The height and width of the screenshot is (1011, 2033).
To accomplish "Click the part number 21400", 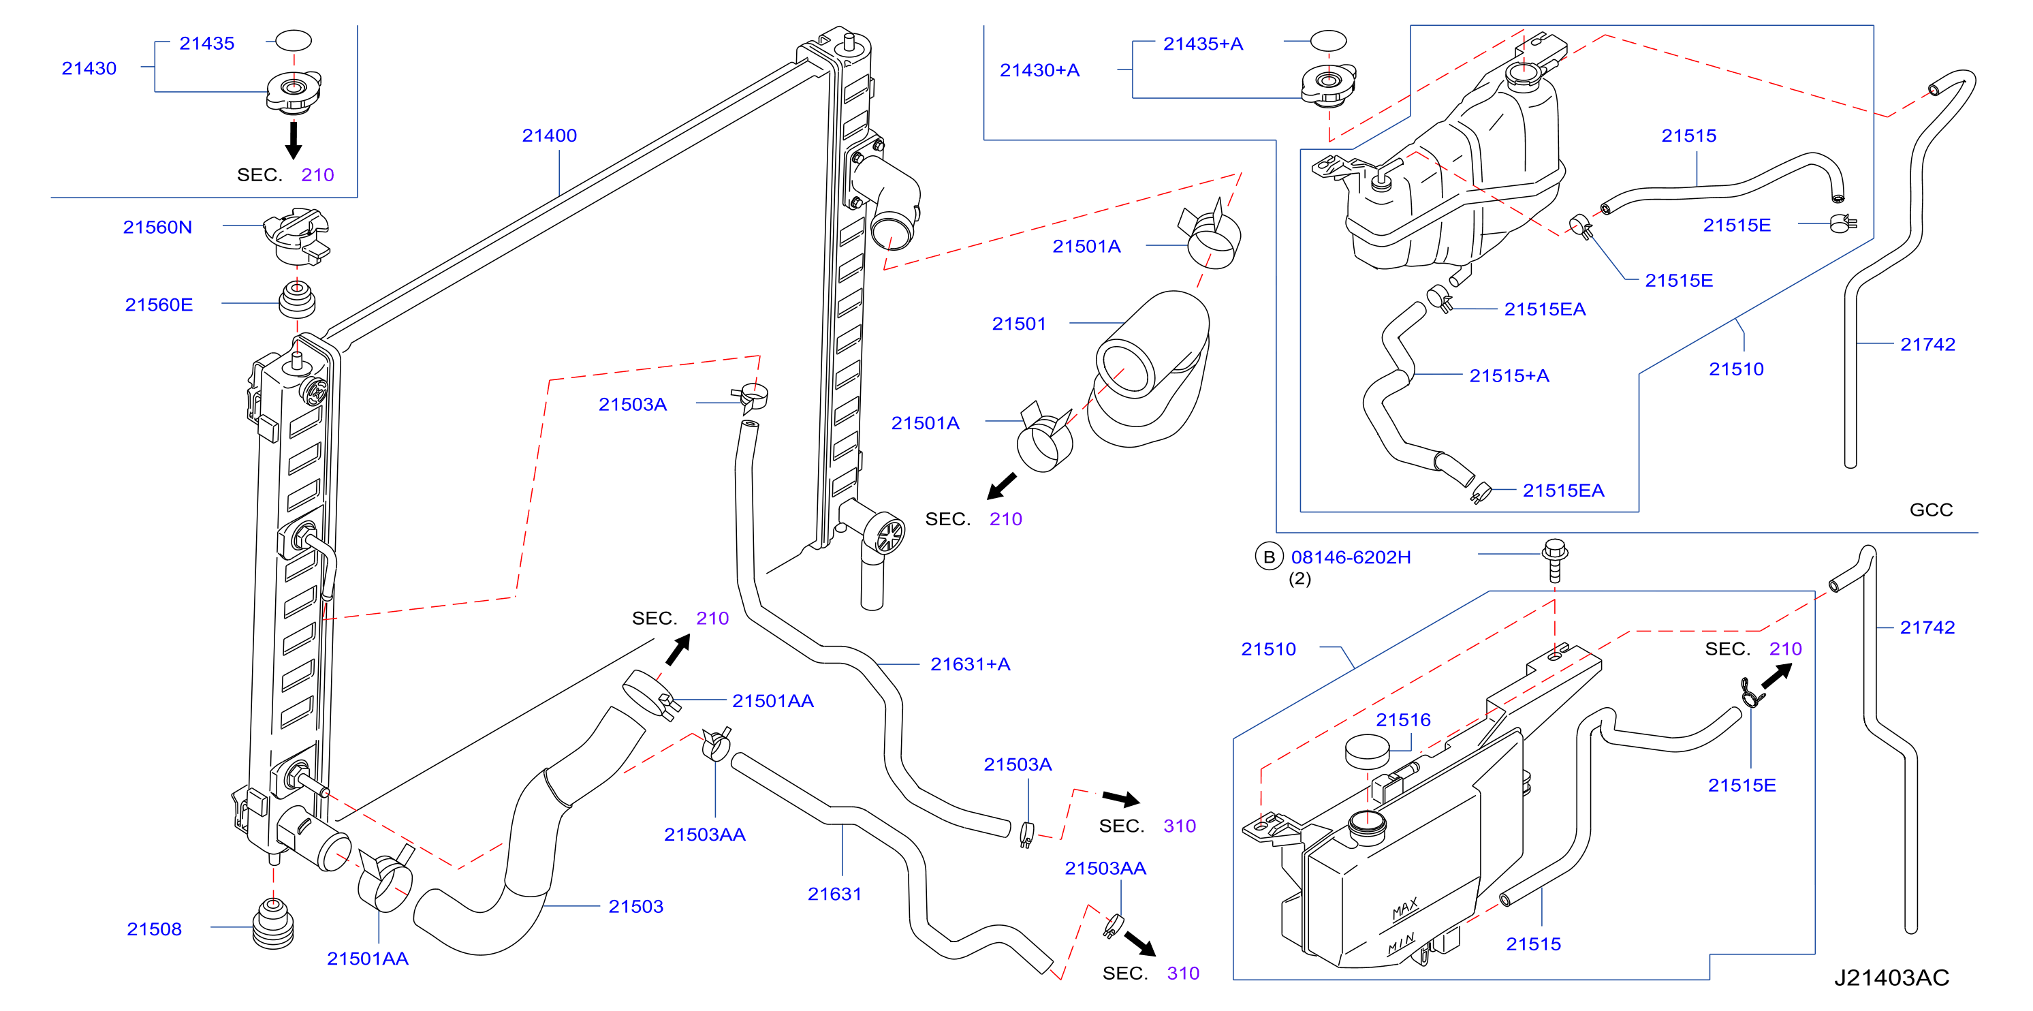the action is click(x=550, y=136).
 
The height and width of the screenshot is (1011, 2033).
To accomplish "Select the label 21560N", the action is click(x=157, y=228).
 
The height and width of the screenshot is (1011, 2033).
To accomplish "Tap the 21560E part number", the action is click(x=159, y=305).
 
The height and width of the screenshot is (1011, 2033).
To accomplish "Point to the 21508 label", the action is click(x=154, y=929).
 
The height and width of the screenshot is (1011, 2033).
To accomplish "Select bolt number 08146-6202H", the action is click(x=1351, y=557).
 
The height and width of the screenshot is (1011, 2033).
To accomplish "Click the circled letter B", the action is click(x=1269, y=557).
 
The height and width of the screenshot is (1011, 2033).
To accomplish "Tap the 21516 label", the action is click(x=1403, y=720).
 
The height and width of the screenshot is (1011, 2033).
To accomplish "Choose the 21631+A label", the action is click(x=970, y=664).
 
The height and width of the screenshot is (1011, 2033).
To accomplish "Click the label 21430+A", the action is click(x=1039, y=70).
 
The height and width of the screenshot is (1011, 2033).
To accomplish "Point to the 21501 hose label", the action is click(x=1019, y=324).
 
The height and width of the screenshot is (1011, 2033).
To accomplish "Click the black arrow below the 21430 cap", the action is click(x=294, y=140).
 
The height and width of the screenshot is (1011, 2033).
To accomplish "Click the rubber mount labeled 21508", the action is click(x=273, y=922).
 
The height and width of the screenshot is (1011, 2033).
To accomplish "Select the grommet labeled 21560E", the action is click(x=297, y=298).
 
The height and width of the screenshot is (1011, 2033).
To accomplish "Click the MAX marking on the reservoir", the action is click(x=1405, y=909).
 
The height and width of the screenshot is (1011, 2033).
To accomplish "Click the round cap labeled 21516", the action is click(x=1367, y=751).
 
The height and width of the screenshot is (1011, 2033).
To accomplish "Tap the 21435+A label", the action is click(x=1203, y=44).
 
